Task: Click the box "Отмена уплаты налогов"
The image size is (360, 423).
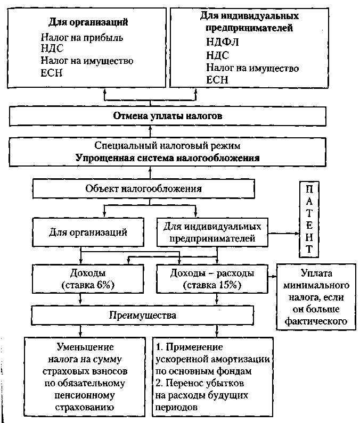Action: (x=167, y=115)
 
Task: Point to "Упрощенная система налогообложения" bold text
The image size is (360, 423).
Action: (x=167, y=157)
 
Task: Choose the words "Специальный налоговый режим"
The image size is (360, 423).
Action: (x=167, y=145)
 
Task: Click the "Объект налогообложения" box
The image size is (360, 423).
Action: (x=144, y=188)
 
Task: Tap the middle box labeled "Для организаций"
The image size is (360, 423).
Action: (x=88, y=232)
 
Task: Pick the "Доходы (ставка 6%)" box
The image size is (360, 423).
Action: (x=88, y=279)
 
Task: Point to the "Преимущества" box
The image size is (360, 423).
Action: (x=142, y=315)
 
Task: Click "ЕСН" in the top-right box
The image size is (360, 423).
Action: (x=217, y=80)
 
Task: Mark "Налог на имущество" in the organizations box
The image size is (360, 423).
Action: (x=87, y=61)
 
